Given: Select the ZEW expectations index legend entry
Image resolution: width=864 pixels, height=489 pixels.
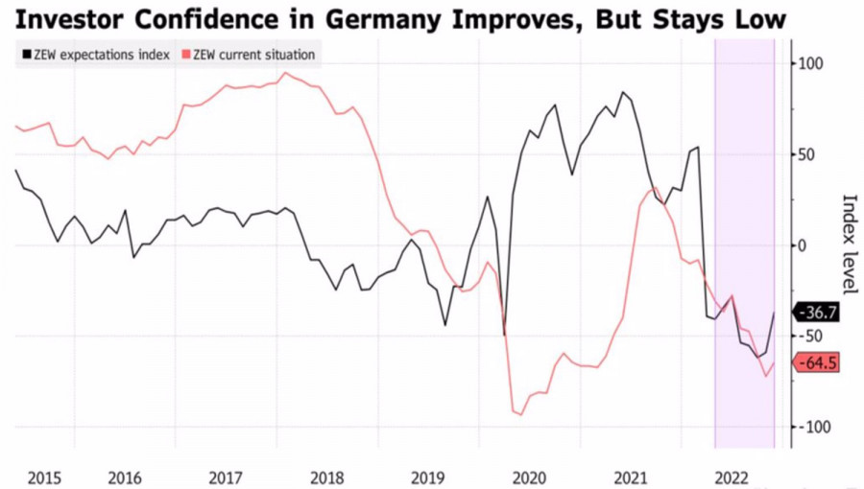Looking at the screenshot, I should [95, 55].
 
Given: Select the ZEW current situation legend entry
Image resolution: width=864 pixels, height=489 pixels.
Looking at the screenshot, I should [252, 55].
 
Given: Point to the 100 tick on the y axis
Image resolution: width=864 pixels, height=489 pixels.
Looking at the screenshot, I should [811, 64].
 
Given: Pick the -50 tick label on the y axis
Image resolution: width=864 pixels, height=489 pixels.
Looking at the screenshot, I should [812, 336].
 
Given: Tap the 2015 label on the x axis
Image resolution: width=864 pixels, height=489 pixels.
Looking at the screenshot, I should [45, 477].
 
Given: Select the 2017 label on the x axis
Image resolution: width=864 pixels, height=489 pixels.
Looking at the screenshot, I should [226, 477].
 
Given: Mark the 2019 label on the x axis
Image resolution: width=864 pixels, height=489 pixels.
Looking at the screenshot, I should [428, 477].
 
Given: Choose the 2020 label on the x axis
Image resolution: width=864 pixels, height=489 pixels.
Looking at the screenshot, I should [530, 477].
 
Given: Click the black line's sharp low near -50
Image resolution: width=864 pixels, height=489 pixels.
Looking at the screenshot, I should [504, 335].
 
